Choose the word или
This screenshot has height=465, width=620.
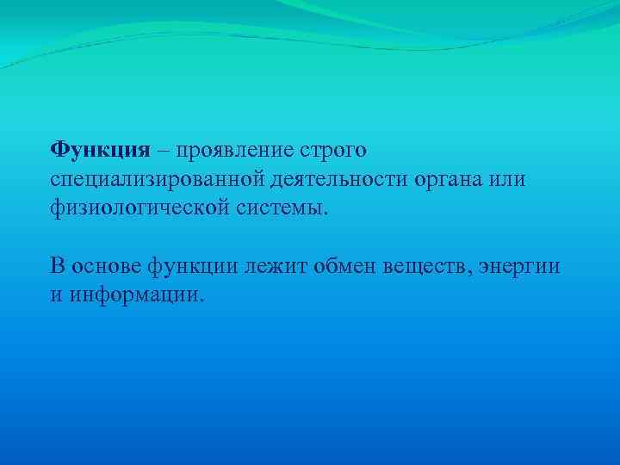507,179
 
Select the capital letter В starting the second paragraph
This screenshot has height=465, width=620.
57,266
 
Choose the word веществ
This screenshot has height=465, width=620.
415,266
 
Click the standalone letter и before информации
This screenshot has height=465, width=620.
55,295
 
